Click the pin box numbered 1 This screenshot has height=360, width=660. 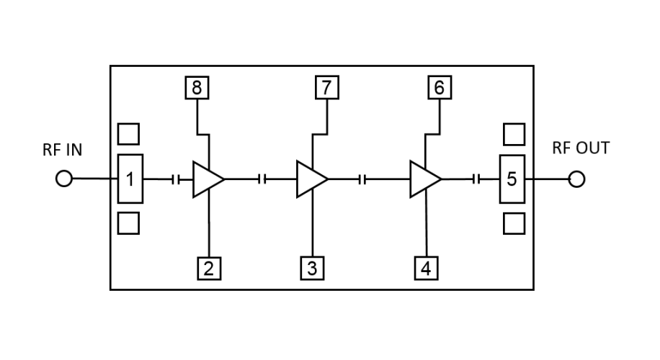coord(130,179)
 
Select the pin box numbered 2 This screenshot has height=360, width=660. coord(208,269)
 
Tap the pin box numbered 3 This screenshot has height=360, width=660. coord(312,269)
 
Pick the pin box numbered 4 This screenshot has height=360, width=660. coord(427,269)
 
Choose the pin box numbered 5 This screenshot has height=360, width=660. coord(512,179)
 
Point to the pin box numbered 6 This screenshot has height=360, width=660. coord(439,88)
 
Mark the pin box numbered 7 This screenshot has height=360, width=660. coord(326,88)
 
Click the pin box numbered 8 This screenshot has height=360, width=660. coord(196,88)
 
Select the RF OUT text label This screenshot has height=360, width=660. coord(581,148)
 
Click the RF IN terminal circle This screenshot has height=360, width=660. coord(64,179)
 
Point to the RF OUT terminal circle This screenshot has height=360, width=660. coord(576,179)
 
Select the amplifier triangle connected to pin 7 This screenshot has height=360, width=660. coord(311,179)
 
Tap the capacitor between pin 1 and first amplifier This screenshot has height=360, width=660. coord(176,179)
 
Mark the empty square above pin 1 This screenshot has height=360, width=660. coord(128,134)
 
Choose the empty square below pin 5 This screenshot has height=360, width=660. coord(514,222)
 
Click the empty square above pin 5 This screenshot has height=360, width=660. coord(514,134)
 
